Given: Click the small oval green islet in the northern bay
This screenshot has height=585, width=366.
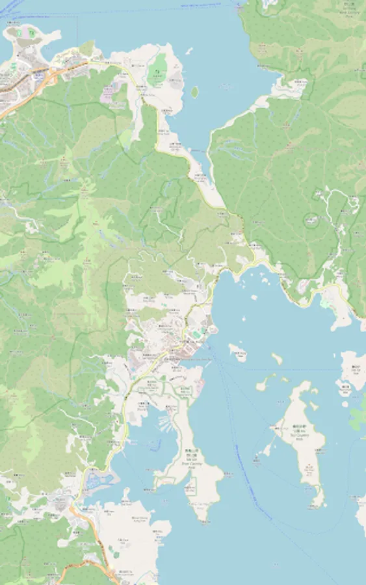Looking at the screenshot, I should pyautogui.click(x=194, y=92).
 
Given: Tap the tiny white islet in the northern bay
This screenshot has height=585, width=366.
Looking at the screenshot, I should pyautogui.click(x=189, y=50).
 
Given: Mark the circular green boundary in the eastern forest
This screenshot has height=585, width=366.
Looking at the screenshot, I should pyautogui.click(x=313, y=220).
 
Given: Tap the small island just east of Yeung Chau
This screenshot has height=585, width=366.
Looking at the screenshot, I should pyautogui.click(x=277, y=357).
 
